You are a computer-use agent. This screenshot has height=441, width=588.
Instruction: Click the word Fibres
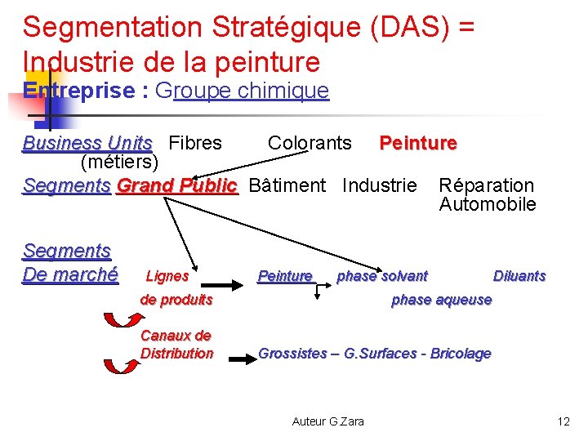[194, 144]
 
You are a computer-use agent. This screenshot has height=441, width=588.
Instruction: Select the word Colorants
[310, 144]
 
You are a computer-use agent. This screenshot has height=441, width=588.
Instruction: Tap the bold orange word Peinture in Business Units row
[417, 144]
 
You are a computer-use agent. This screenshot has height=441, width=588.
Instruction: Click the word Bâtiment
[287, 185]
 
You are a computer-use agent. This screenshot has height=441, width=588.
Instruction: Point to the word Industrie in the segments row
[379, 185]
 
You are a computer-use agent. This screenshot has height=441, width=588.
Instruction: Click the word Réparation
[486, 185]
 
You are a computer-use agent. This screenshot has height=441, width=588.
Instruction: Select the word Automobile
[488, 204]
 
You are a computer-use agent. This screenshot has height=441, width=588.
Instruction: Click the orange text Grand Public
[176, 185]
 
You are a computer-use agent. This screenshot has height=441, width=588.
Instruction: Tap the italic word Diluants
[519, 276]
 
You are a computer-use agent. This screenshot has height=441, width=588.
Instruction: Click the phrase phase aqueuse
[441, 300]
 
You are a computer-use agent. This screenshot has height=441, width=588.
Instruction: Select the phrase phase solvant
[381, 276]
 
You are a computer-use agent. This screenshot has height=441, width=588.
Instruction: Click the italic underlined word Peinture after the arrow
[285, 276]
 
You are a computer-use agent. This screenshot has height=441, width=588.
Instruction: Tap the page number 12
[563, 421]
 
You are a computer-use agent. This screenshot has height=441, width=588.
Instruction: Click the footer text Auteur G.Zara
[328, 421]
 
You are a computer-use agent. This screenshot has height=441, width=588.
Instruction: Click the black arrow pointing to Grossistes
[242, 357]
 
